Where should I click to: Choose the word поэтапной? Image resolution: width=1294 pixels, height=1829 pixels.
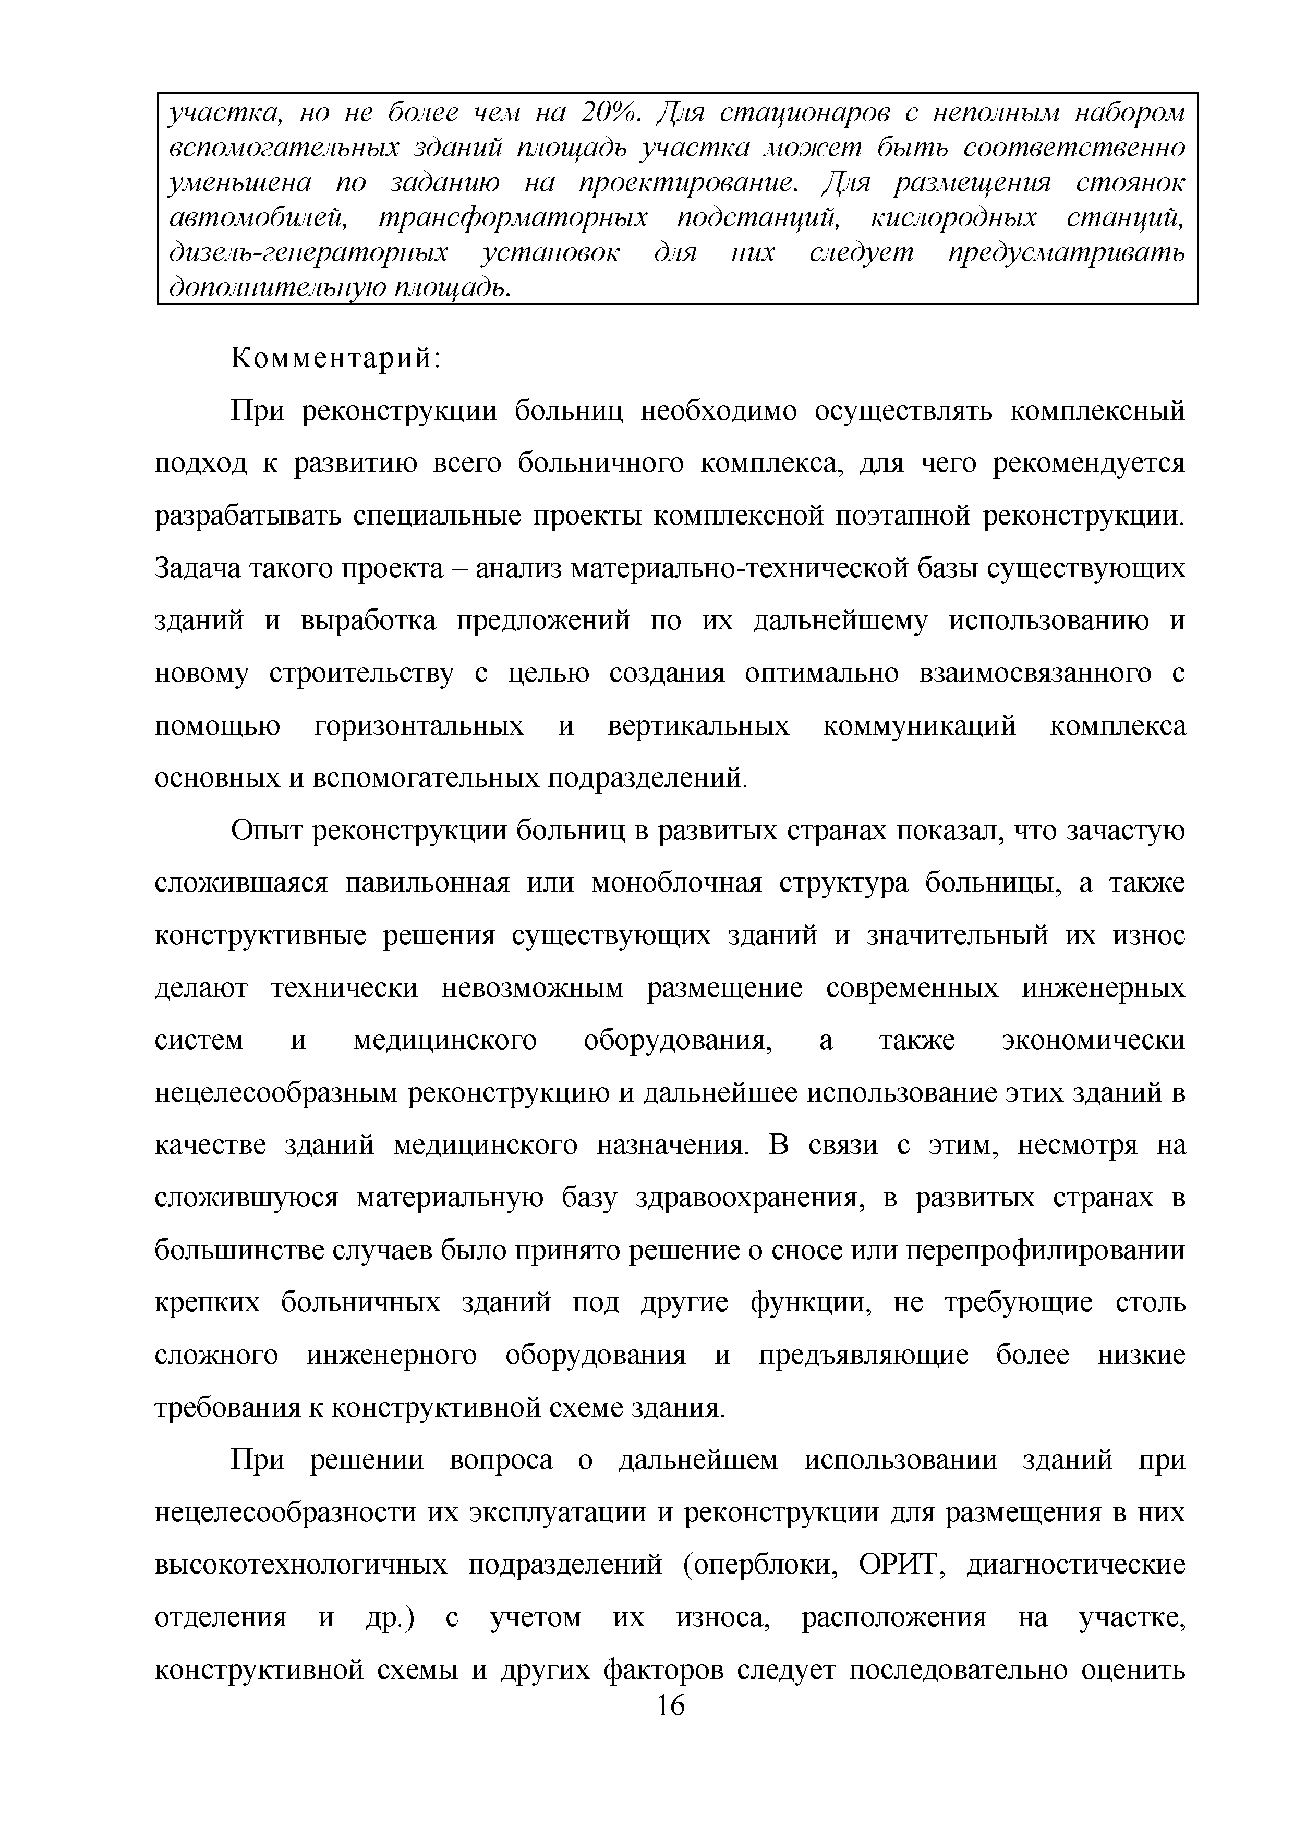click(x=900, y=516)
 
